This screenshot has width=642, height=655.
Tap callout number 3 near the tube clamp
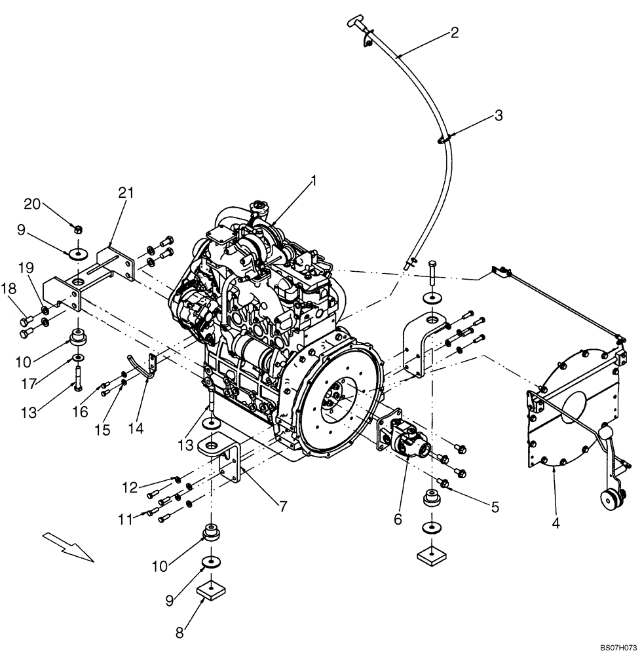click(x=499, y=116)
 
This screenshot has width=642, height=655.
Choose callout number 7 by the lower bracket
click(x=283, y=506)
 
